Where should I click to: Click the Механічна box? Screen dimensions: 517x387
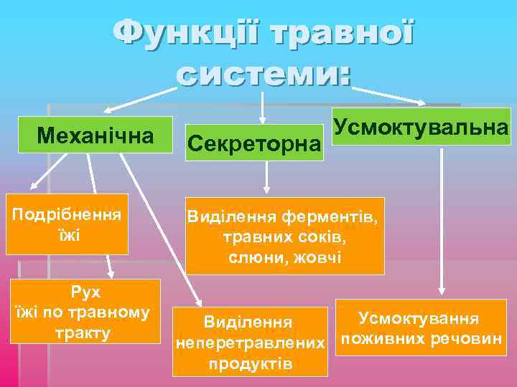click(x=96, y=134)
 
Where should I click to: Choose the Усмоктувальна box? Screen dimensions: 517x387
click(x=421, y=127)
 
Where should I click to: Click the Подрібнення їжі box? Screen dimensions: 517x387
click(x=67, y=224)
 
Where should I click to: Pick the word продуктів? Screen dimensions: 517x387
click(x=251, y=364)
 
